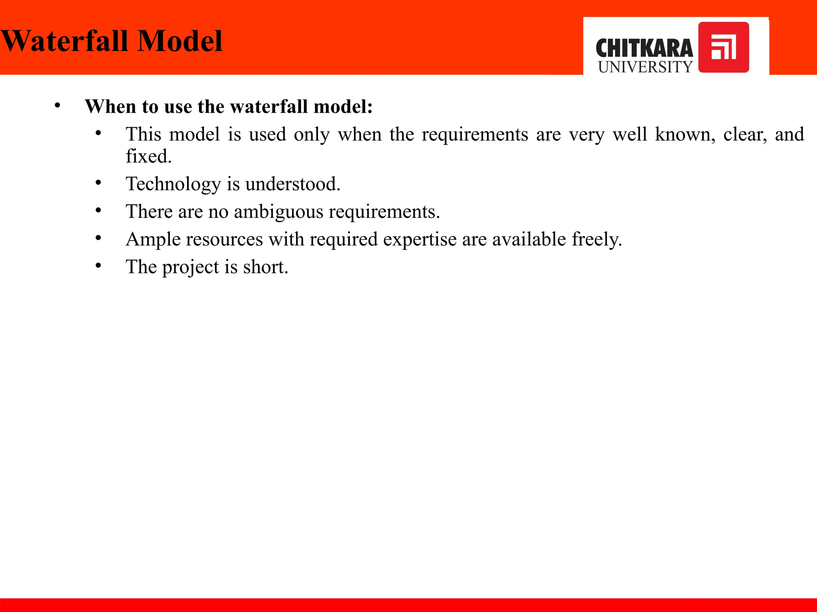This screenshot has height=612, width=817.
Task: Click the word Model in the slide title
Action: [x=180, y=41]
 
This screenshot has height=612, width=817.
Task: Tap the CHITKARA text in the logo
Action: [x=644, y=48]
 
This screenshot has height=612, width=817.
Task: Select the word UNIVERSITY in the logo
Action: [x=645, y=67]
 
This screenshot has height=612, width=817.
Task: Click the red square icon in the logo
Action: [x=723, y=47]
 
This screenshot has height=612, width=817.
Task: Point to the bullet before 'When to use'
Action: [x=58, y=106]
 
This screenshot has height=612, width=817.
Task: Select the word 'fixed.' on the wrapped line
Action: [x=148, y=156]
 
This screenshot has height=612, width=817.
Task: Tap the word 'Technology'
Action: [x=173, y=184]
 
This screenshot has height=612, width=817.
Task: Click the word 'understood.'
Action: [x=292, y=184]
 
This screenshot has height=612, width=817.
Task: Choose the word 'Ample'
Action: [x=153, y=239]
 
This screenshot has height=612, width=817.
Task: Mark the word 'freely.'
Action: [x=597, y=239]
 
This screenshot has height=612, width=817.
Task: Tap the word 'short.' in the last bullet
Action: [x=265, y=267]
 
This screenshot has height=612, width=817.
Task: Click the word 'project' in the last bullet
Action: [x=190, y=267]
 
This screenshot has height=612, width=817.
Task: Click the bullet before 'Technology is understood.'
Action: [x=99, y=183]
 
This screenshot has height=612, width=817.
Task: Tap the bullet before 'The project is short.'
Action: [x=99, y=266]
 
